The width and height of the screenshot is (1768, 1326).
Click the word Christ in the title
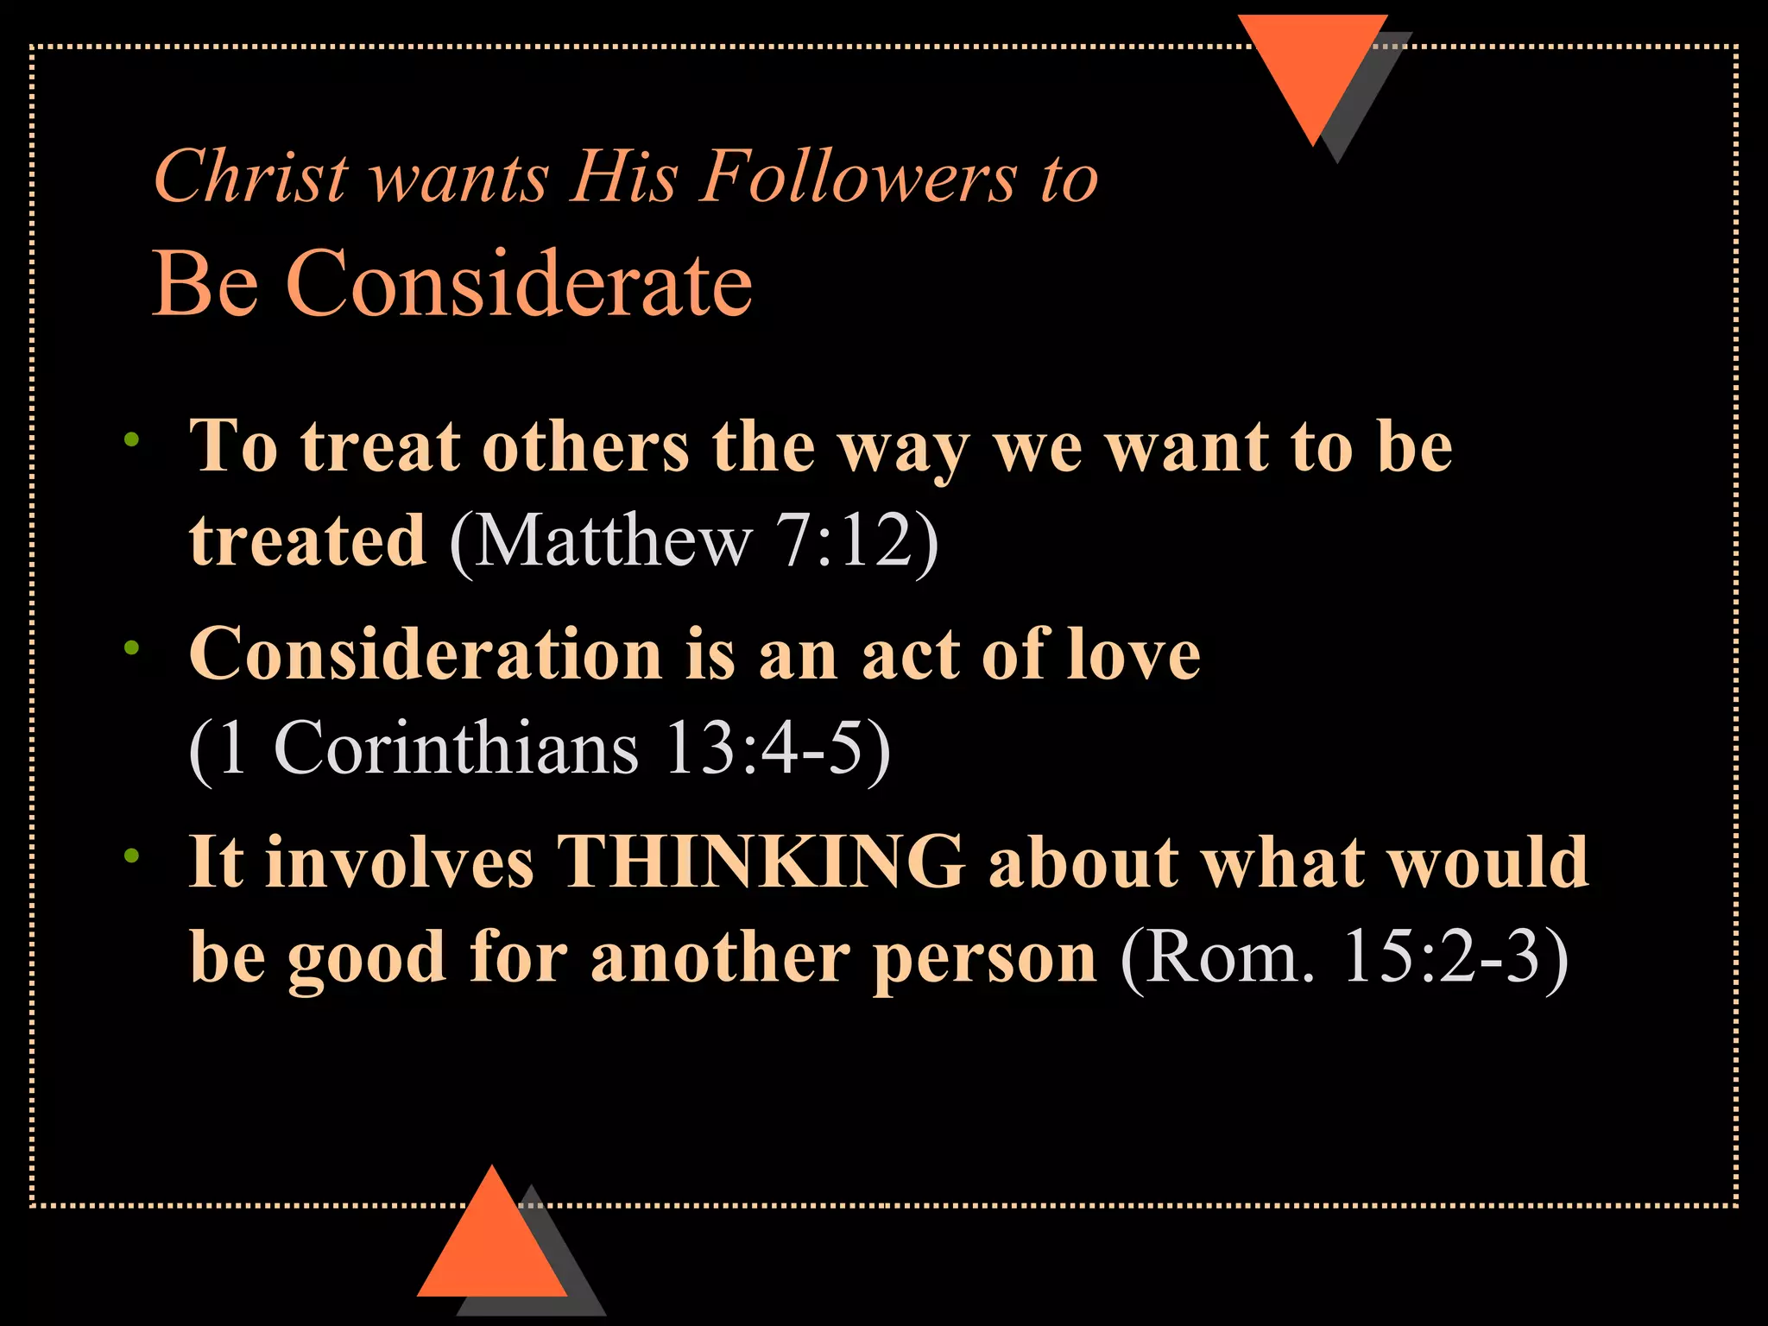tap(251, 177)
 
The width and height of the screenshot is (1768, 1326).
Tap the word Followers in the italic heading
tap(859, 177)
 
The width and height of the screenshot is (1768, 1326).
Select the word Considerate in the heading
tap(518, 283)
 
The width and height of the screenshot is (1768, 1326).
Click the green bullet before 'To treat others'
tap(131, 439)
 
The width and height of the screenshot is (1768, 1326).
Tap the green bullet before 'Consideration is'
tap(131, 647)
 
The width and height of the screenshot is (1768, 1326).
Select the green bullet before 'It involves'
tap(131, 856)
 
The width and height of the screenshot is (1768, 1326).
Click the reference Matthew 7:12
tap(694, 541)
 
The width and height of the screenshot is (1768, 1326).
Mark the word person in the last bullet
tap(984, 958)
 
